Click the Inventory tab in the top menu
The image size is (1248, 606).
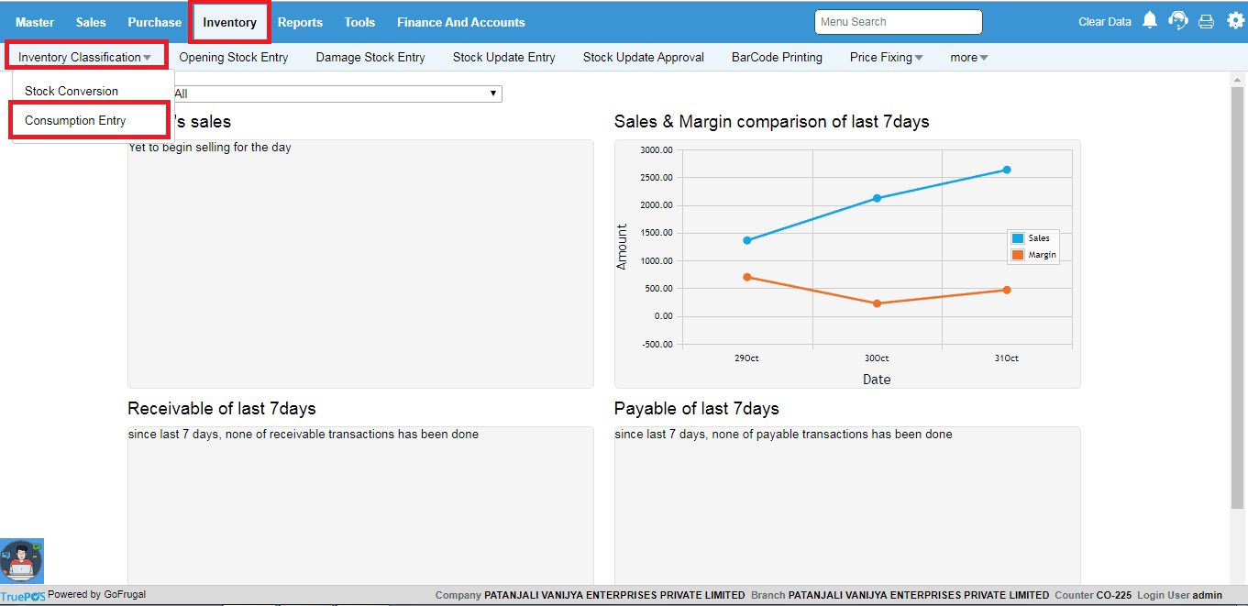[x=229, y=22]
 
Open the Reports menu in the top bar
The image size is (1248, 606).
[x=300, y=22]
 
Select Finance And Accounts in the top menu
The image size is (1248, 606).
[x=460, y=22]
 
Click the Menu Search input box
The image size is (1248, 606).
[x=898, y=22]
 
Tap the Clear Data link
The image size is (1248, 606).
[x=1104, y=22]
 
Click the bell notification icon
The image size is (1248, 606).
[x=1150, y=20]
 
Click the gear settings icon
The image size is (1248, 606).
[x=1235, y=20]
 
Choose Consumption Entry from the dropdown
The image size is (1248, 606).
[x=75, y=121]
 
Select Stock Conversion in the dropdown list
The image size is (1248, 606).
[x=72, y=92]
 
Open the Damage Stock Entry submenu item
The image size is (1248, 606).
[x=370, y=57]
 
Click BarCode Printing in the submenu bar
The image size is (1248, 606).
[x=777, y=57]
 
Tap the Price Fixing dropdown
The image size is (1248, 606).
[x=886, y=57]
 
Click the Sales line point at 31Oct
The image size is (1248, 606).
[x=1006, y=170]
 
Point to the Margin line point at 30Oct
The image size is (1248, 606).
[x=877, y=303]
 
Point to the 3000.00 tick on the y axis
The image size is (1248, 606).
[x=657, y=149]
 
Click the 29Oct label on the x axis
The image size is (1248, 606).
[x=746, y=358]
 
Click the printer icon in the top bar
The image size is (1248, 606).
[x=1206, y=21]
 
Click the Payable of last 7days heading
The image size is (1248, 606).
[x=696, y=409]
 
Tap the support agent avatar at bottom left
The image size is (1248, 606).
[x=21, y=560]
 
